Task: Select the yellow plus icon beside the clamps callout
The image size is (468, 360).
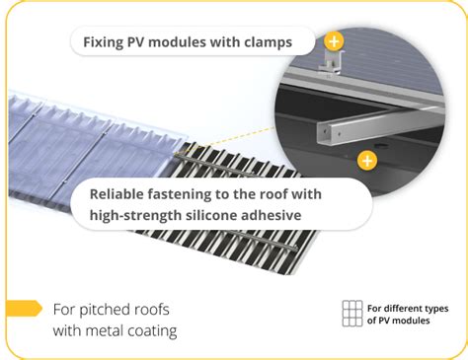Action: click(335, 41)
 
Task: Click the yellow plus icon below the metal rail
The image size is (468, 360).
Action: click(367, 160)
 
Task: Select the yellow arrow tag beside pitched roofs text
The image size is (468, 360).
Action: click(23, 309)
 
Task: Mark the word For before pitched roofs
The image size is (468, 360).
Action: click(66, 310)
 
